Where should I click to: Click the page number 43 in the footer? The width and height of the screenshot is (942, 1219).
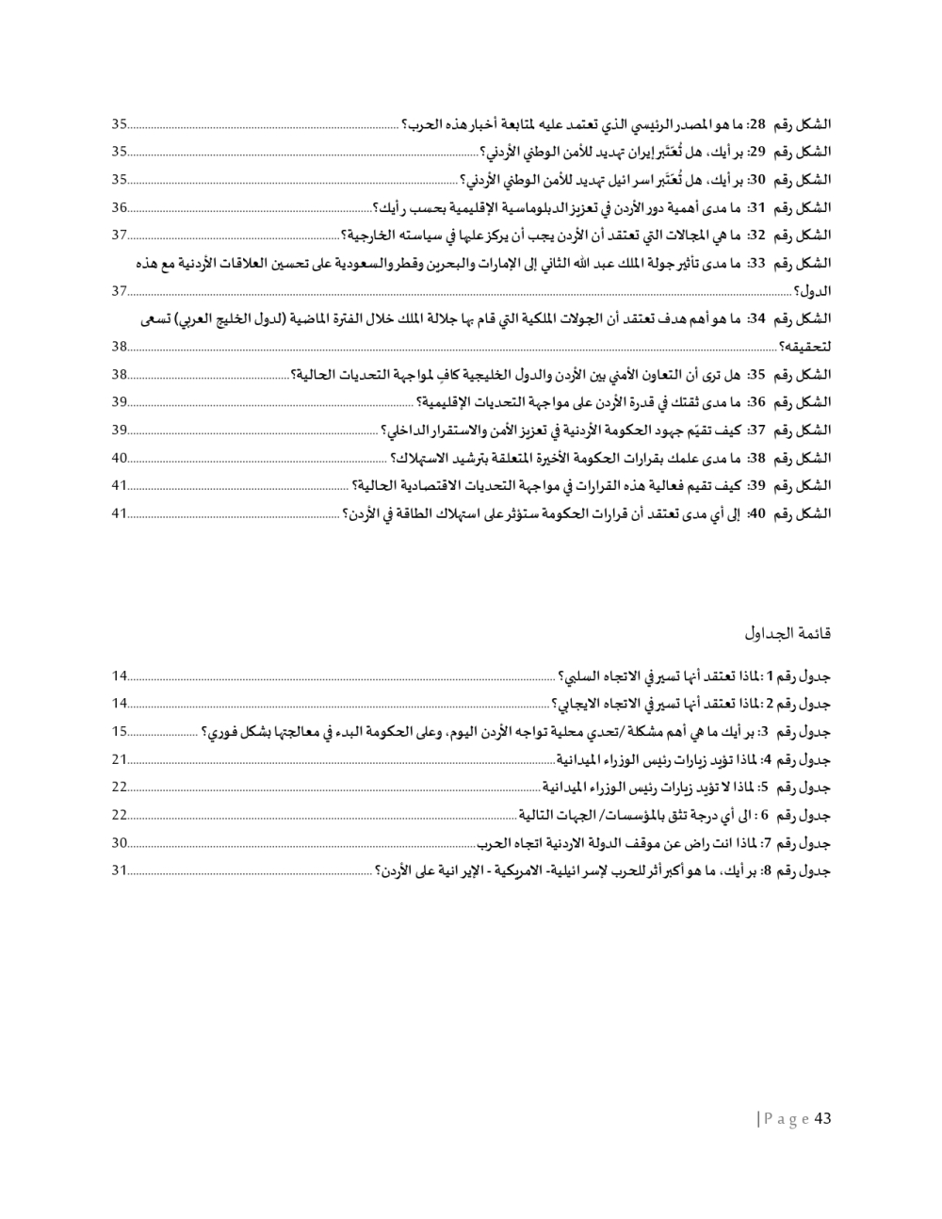pyautogui.click(x=821, y=1118)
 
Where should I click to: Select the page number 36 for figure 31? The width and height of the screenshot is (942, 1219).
pyautogui.click(x=120, y=207)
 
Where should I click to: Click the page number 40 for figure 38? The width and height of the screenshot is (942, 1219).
pyautogui.click(x=120, y=459)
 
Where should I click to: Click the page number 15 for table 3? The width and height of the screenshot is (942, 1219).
pyautogui.click(x=120, y=731)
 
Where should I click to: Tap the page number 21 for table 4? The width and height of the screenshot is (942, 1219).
pyautogui.click(x=120, y=759)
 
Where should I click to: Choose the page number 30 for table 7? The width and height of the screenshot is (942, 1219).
pyautogui.click(x=120, y=843)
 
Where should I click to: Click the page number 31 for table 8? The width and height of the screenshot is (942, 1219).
pyautogui.click(x=120, y=870)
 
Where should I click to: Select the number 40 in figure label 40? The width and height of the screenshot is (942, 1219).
pyautogui.click(x=755, y=514)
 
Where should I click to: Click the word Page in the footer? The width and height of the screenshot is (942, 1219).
pyautogui.click(x=787, y=1119)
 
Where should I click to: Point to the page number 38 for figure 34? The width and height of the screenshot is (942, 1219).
pyautogui.click(x=120, y=347)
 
